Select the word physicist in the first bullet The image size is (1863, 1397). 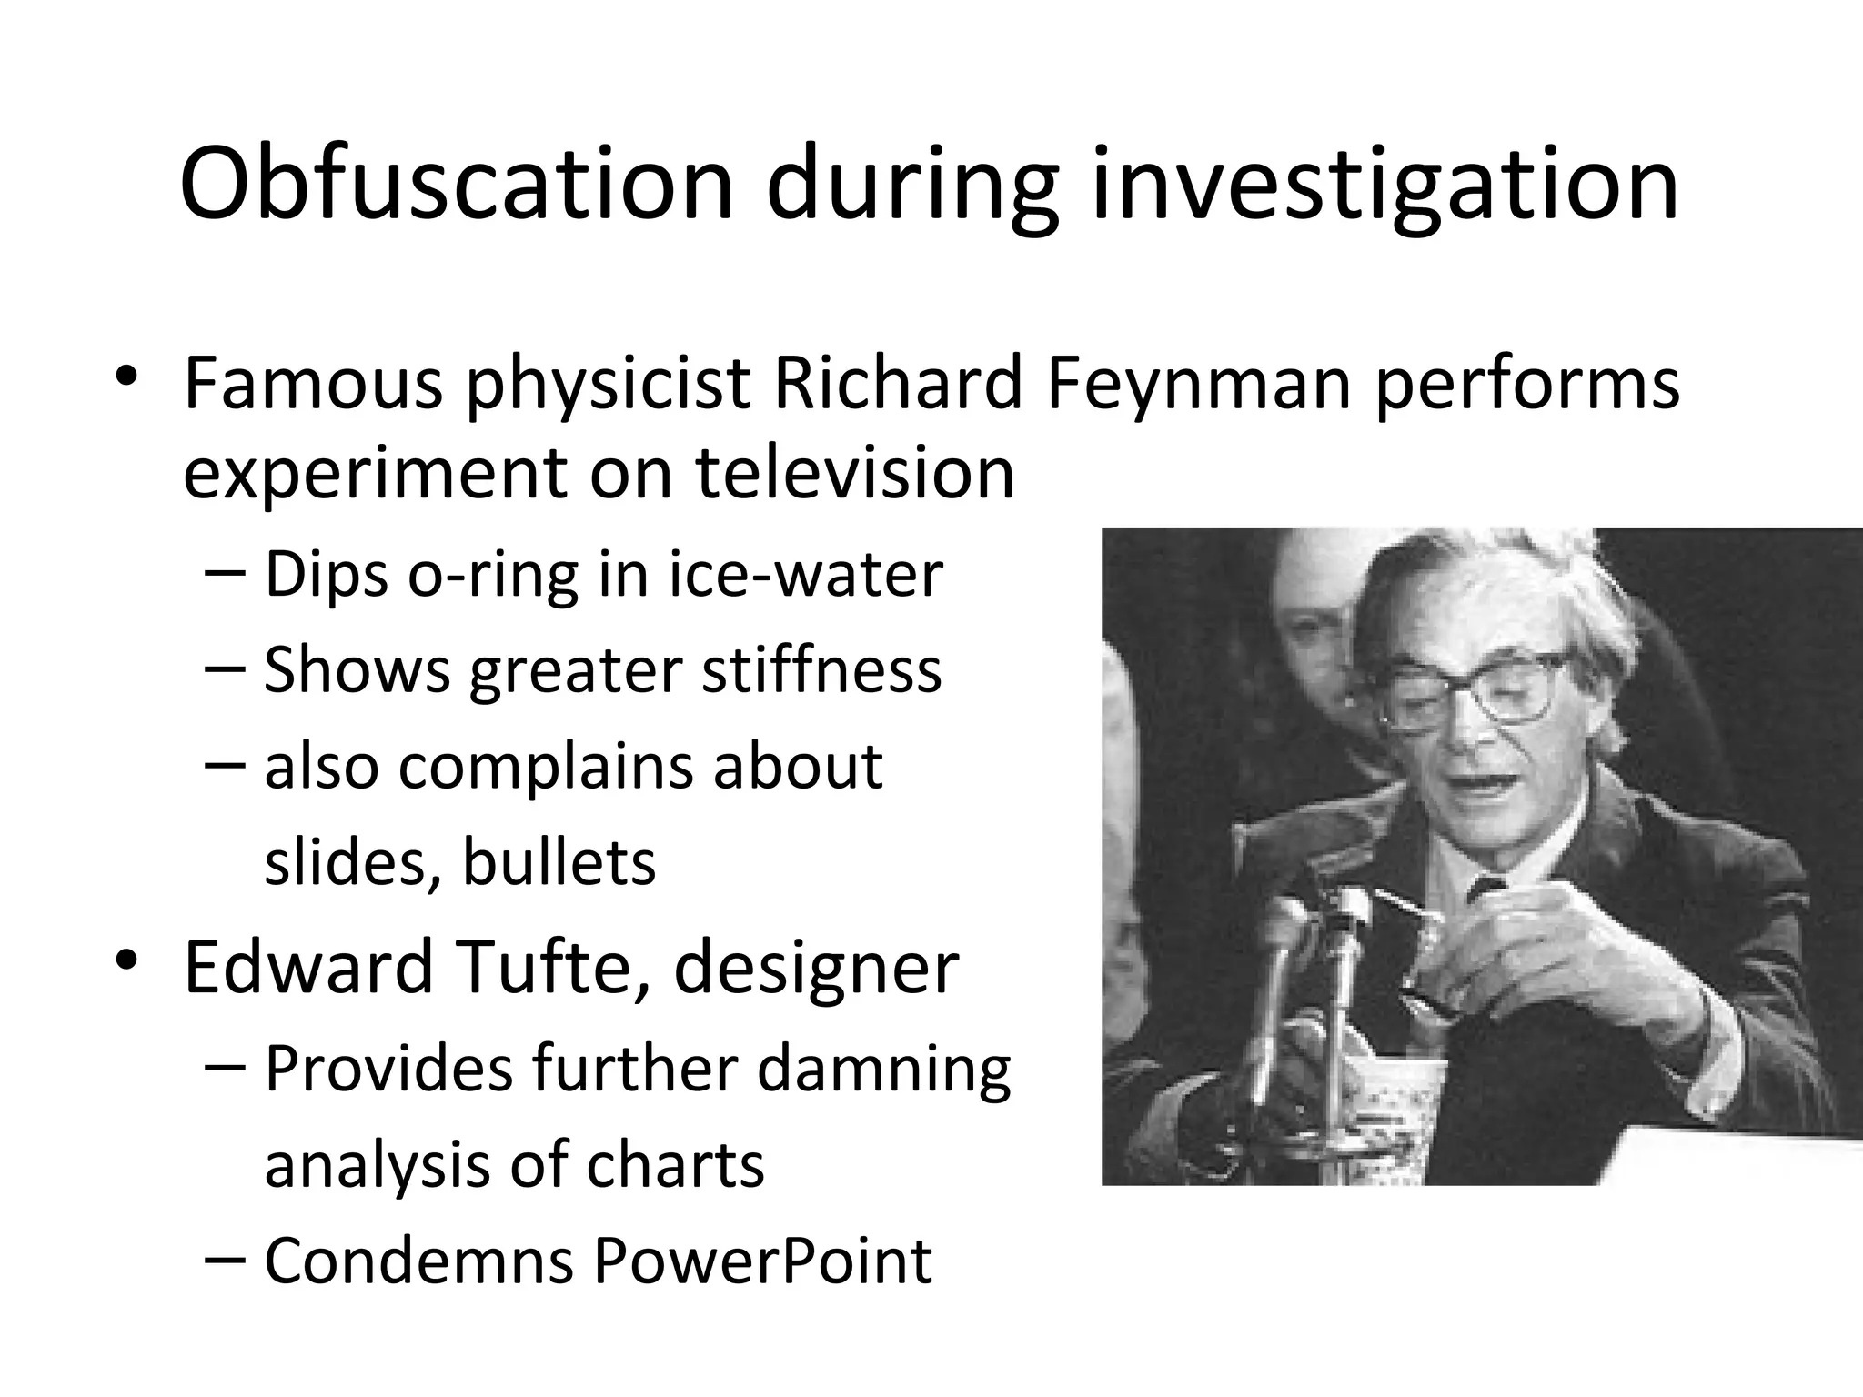(608, 384)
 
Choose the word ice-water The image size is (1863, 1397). (806, 575)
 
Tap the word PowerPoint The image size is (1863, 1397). (762, 1261)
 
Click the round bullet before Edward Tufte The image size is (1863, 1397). (126, 961)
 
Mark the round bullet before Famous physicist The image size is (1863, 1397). (126, 377)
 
